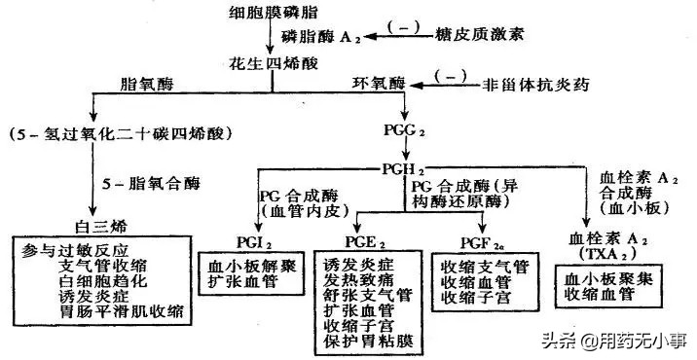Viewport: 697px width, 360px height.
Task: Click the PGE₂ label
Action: coord(363,241)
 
